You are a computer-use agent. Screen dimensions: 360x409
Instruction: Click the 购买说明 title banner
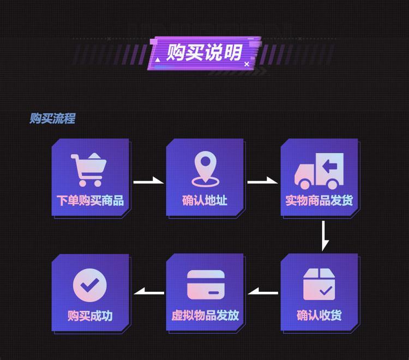pos(204,53)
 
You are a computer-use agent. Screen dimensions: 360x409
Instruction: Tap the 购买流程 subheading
pos(52,118)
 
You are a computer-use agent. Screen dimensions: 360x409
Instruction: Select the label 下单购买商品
pos(91,201)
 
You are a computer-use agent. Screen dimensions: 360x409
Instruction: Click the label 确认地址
pos(204,201)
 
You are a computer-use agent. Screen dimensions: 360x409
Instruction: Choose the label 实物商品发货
pos(320,201)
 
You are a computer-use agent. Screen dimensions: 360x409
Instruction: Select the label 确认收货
pos(320,315)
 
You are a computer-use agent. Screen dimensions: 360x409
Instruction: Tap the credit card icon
pos(205,284)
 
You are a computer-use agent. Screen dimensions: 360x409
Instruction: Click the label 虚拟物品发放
pos(205,315)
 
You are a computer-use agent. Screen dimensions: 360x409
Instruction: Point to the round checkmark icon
pos(90,284)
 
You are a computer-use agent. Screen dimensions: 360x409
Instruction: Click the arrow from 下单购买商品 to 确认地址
pos(148,181)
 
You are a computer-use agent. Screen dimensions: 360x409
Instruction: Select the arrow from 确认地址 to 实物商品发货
pos(263,181)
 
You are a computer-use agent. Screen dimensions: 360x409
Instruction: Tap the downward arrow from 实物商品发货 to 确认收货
pos(324,235)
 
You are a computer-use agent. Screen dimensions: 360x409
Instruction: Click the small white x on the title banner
pos(246,64)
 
